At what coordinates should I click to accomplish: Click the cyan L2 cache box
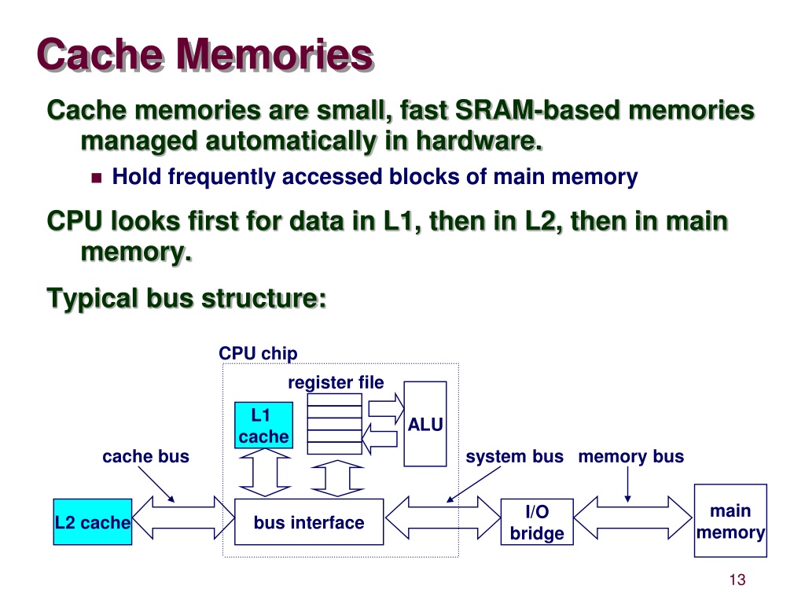pos(93,521)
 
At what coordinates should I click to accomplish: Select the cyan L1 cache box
pos(263,425)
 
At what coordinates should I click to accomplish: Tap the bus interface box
pos(309,521)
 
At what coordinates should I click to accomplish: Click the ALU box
pos(425,424)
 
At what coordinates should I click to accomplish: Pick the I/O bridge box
pos(537,521)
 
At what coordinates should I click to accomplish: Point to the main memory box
pos(730,521)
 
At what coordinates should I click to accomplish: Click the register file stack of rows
pos(335,424)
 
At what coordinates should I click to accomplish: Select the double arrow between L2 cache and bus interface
pos(183,517)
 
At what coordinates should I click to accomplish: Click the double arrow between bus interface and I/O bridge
pos(443,517)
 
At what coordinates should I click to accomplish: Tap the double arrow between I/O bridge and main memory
pos(633,517)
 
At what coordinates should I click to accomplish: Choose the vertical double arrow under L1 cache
pos(265,473)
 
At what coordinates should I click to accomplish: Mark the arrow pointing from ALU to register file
pos(380,439)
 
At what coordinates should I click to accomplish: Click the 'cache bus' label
pos(145,456)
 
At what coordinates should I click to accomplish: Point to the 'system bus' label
pos(514,456)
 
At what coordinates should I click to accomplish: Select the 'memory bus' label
pos(631,456)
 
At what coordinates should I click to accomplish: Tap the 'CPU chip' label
pos(258,353)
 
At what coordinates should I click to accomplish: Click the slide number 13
pos(737,580)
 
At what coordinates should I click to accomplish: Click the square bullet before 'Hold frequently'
pos(97,179)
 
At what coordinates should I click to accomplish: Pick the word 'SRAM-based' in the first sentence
pos(538,110)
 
